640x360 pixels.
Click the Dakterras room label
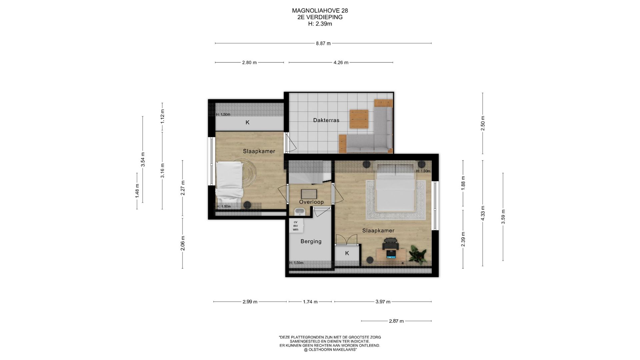[x=326, y=120]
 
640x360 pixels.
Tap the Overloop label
[x=311, y=202]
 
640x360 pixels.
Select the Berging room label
[x=311, y=241]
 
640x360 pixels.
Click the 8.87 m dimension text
[x=323, y=43]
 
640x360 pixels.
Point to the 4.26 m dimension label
[x=341, y=63]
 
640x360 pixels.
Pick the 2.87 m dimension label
[x=396, y=321]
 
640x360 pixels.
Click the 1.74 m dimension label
[x=310, y=302]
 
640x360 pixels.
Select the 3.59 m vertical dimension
[x=503, y=217]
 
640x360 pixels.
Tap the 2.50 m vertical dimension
[x=483, y=123]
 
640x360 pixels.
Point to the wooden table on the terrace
[x=359, y=119]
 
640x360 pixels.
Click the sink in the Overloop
[x=299, y=212]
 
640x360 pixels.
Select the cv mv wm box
[x=296, y=226]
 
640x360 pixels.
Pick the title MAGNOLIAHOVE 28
[x=320, y=11]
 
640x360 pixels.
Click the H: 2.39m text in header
[x=320, y=24]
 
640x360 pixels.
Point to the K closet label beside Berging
[x=347, y=253]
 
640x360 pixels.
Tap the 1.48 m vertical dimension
[x=137, y=191]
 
